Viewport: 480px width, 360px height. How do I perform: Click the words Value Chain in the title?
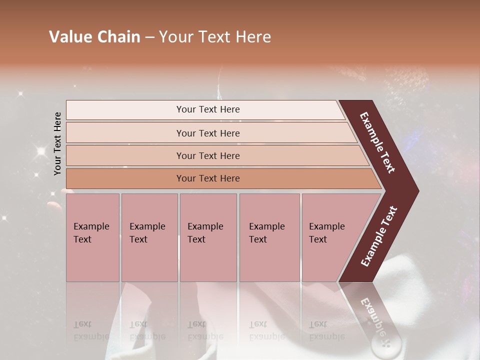click(x=94, y=37)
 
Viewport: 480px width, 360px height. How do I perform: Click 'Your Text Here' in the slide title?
click(x=215, y=37)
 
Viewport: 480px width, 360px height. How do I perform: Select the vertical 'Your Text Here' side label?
click(x=57, y=143)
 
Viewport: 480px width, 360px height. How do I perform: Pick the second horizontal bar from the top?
click(x=208, y=133)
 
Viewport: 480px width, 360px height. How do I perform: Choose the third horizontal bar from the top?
click(x=208, y=155)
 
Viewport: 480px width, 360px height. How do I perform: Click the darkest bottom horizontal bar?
click(x=208, y=178)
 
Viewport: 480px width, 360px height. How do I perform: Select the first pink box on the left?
click(x=92, y=237)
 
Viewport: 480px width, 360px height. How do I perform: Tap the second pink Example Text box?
click(x=149, y=237)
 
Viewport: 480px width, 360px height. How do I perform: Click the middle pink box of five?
click(x=208, y=237)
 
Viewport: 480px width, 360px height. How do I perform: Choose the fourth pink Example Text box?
click(x=269, y=237)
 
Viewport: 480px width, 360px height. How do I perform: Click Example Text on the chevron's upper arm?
click(x=378, y=142)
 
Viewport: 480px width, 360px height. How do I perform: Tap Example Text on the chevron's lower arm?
click(x=379, y=236)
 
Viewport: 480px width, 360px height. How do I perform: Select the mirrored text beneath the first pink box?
click(x=91, y=330)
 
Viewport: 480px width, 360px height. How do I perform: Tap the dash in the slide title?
click(x=149, y=37)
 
